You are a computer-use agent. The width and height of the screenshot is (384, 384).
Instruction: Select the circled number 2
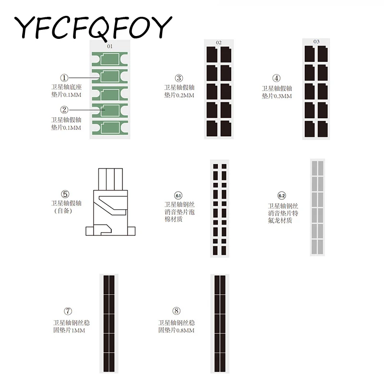[x=65, y=109]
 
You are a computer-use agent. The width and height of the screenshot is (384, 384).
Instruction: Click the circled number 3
[x=179, y=78]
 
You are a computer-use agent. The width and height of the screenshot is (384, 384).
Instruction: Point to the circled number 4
[x=276, y=78]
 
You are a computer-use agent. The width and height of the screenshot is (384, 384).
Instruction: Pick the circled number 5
[x=65, y=194]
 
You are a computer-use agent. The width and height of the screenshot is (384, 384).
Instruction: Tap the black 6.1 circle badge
[x=178, y=195]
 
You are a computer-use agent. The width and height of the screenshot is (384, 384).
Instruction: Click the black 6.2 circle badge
[x=282, y=196]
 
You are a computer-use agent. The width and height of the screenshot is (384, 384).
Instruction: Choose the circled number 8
[x=177, y=311]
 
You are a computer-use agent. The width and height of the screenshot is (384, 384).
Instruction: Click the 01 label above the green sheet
[x=109, y=47]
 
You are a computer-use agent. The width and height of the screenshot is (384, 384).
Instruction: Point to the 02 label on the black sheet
[x=218, y=43]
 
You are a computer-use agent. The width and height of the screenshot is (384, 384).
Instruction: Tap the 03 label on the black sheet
[x=316, y=42]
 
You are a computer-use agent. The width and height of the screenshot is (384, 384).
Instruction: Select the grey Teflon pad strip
[x=318, y=207]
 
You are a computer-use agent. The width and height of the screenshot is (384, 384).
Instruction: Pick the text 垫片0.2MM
[x=179, y=96]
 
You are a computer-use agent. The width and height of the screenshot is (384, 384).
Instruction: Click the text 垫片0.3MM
[x=276, y=96]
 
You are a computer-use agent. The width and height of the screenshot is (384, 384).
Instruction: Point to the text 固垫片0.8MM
[x=177, y=331]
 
